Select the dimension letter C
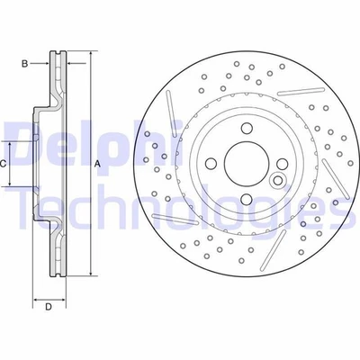[4, 164]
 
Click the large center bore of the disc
[243, 164]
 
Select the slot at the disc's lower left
[176, 219]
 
